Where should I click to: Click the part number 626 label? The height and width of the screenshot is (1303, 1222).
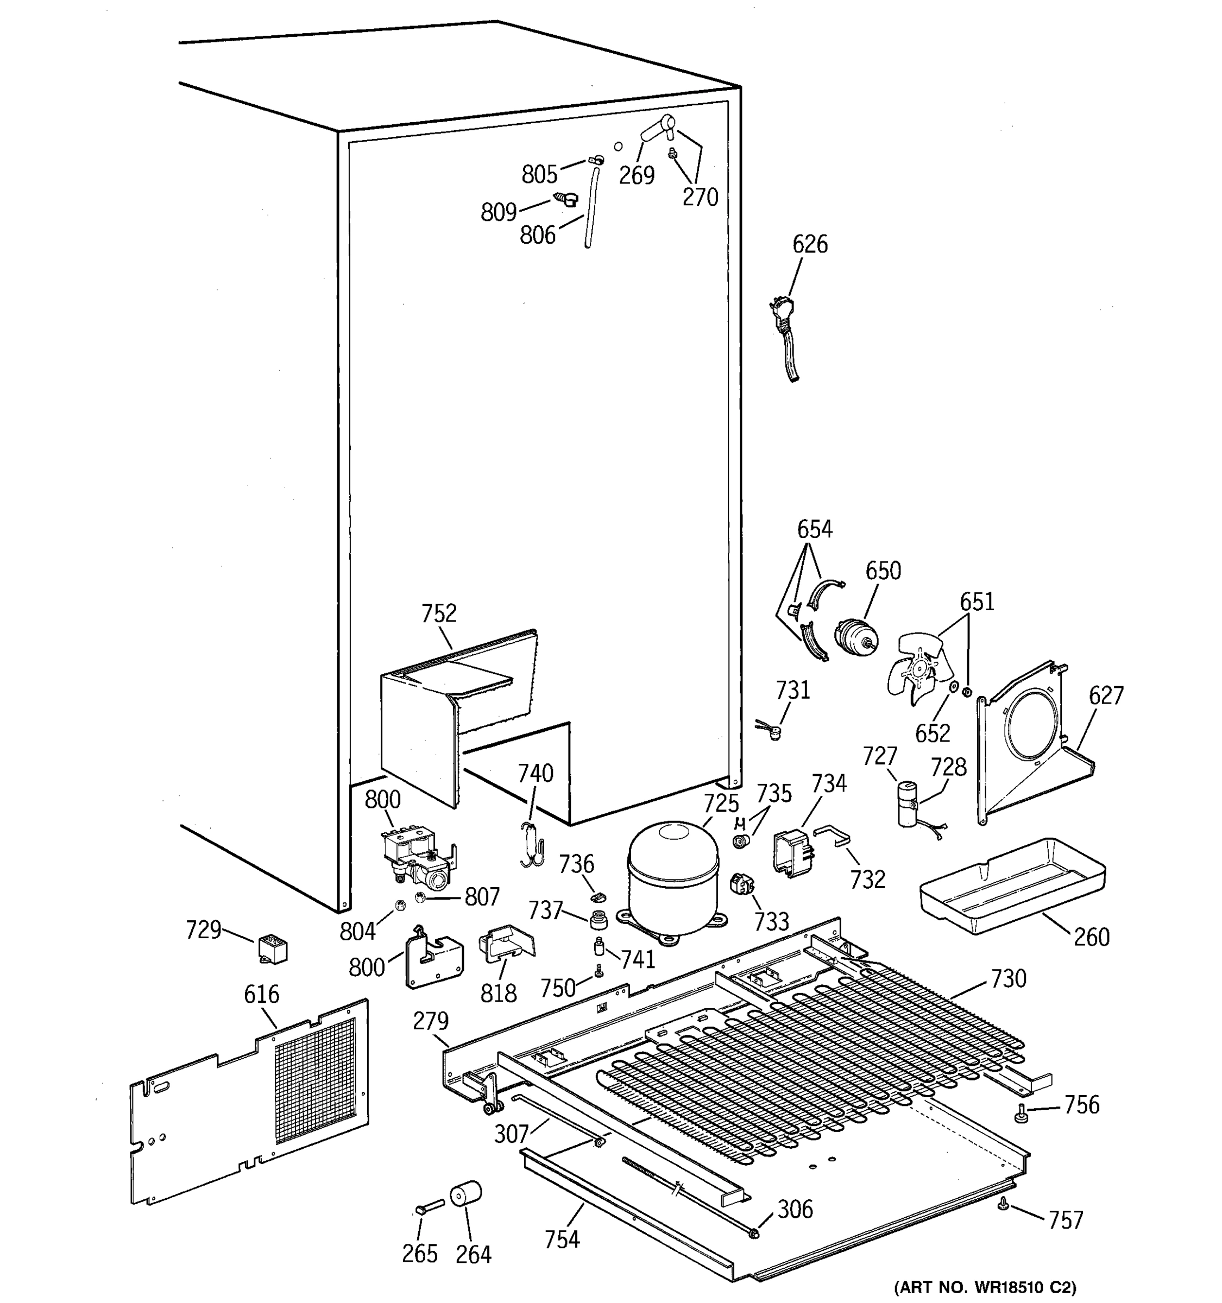(810, 244)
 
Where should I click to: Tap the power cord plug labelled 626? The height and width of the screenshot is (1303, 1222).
(782, 313)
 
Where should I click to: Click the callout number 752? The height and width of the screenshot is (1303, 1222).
(439, 613)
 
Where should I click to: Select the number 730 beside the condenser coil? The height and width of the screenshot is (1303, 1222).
(1007, 978)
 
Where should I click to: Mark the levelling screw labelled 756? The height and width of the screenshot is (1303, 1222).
(1020, 1112)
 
